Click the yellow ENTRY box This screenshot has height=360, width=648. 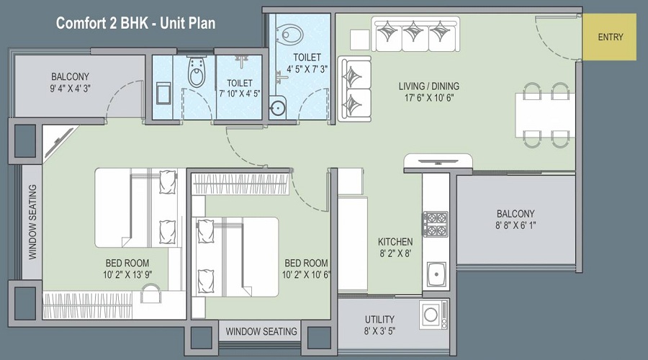pos(609,37)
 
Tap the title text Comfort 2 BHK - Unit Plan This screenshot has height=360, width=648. pos(135,23)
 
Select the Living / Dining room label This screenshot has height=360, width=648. pos(429,91)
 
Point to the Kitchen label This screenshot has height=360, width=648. pos(395,248)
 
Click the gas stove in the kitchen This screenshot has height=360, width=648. pos(435,224)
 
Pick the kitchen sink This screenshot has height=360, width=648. pos(436,274)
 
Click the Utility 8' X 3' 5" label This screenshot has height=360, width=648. pos(379,325)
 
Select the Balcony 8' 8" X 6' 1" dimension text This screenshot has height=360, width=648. pos(516,220)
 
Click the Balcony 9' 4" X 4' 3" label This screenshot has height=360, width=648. pos(71,82)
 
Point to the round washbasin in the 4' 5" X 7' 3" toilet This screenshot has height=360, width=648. pos(277,108)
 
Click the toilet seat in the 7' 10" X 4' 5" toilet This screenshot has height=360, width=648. pos(196,71)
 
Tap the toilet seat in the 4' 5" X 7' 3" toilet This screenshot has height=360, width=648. pos(289,35)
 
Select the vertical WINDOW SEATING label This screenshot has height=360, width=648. pos(32,222)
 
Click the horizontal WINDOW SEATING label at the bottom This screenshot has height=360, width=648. pos(261,331)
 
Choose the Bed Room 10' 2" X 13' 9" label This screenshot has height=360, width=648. pos(127,269)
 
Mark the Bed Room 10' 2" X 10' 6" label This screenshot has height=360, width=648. pos(306,269)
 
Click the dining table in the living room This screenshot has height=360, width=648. pos(545,115)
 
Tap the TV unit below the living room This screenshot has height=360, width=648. pos(438,161)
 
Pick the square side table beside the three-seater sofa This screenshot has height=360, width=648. pos(360,40)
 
